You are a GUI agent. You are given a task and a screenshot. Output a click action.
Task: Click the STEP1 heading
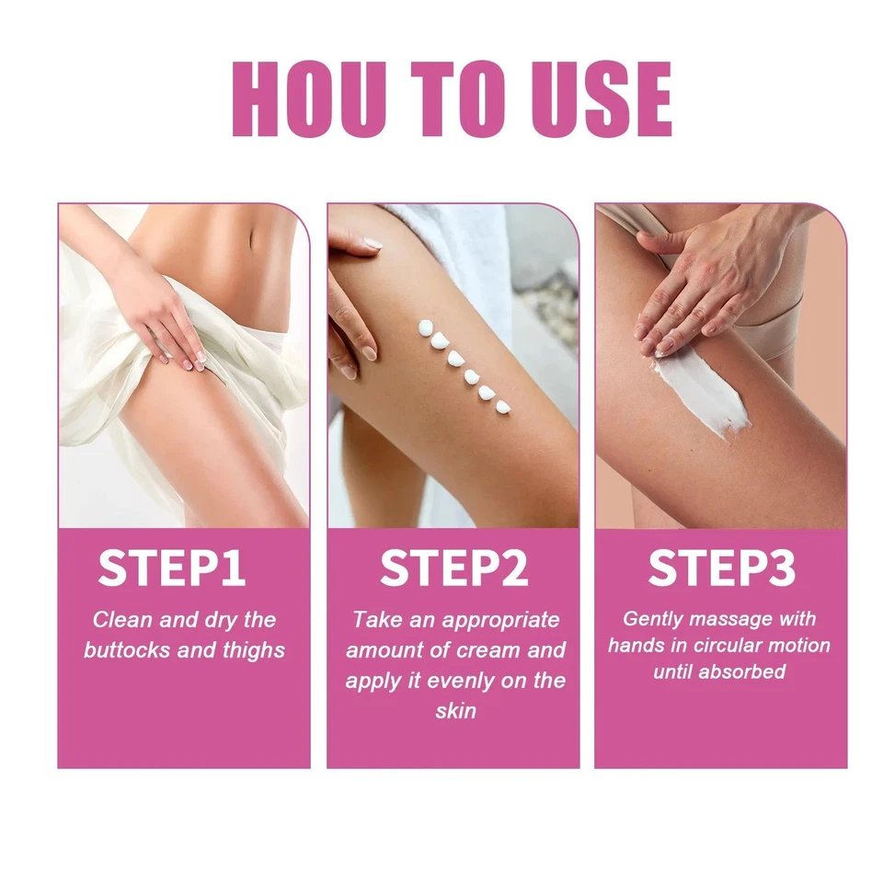pyautogui.click(x=172, y=569)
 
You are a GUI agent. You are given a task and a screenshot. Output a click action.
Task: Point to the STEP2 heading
pyautogui.click(x=453, y=569)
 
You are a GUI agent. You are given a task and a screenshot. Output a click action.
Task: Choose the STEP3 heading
pyautogui.click(x=721, y=569)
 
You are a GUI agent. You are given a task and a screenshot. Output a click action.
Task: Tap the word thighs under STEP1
pyautogui.click(x=251, y=650)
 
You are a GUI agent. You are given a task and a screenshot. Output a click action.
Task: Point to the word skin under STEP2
pyautogui.click(x=455, y=712)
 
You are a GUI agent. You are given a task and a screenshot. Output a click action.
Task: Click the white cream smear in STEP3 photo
pyautogui.click(x=699, y=391)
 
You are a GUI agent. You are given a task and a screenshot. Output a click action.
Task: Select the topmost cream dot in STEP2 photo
pyautogui.click(x=425, y=327)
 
